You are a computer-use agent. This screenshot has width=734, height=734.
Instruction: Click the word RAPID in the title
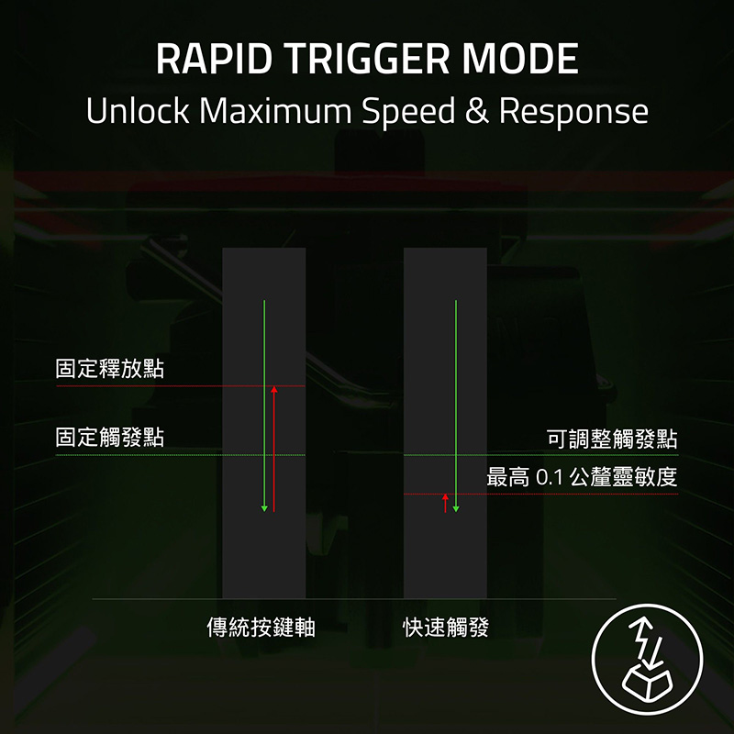[x=214, y=59]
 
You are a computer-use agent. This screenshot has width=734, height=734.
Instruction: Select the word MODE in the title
[x=520, y=59]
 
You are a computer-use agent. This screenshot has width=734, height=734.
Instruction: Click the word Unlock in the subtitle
[x=138, y=111]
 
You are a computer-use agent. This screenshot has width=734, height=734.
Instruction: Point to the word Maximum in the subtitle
[x=275, y=111]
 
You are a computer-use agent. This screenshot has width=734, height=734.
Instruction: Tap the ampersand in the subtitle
[x=477, y=112]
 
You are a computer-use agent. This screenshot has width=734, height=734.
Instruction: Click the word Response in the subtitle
[x=573, y=112]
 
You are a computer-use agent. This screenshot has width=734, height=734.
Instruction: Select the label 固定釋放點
[x=110, y=369]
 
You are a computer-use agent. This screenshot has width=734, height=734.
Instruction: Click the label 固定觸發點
[x=110, y=438]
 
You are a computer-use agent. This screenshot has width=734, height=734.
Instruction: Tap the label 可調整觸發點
[x=612, y=439]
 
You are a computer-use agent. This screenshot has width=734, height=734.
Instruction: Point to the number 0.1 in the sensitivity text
[x=549, y=477]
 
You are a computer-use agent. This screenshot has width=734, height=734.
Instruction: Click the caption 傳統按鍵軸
[x=261, y=627]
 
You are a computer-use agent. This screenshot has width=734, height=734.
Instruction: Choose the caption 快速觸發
[x=446, y=628]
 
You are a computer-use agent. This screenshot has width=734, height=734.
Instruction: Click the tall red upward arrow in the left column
[x=273, y=449]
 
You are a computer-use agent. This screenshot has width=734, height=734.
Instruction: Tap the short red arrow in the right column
[x=445, y=503]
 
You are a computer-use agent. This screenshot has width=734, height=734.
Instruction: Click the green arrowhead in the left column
[x=264, y=508]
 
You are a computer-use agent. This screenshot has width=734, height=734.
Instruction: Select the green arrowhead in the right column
[x=456, y=509]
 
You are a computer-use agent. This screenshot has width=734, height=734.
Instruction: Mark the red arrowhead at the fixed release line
[x=273, y=389]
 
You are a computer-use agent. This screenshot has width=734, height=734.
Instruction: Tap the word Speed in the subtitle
[x=408, y=112]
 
